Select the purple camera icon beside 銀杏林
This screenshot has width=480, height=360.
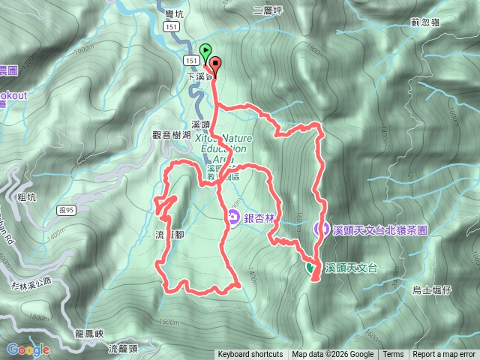coord(233,217)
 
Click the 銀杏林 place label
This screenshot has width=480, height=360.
coord(259,217)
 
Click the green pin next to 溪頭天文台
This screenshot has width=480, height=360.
coord(310,267)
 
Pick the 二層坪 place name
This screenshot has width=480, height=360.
coord(267,11)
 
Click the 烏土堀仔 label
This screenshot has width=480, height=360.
coord(433,289)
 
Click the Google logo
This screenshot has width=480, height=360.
coord(28,349)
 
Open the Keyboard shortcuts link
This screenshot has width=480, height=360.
coord(250,355)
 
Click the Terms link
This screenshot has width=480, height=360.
coord(392,355)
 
